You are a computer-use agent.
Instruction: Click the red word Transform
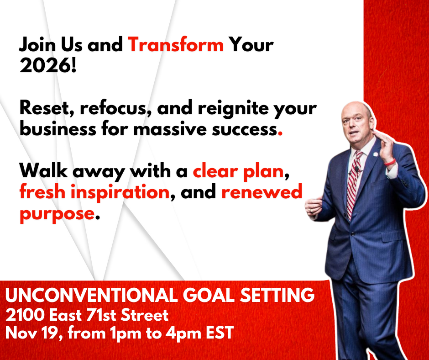pos(176,45)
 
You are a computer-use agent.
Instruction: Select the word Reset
pos(44,108)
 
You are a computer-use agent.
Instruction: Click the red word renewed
pos(262,191)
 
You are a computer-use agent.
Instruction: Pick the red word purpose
pos(57,214)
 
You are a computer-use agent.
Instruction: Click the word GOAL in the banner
pos(209,295)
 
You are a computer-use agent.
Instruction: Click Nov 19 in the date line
pos(33,333)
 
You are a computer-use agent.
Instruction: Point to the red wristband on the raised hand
pos(390,162)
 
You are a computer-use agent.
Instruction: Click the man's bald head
pos(356,110)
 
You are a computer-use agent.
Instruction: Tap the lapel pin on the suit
pos(375,154)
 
